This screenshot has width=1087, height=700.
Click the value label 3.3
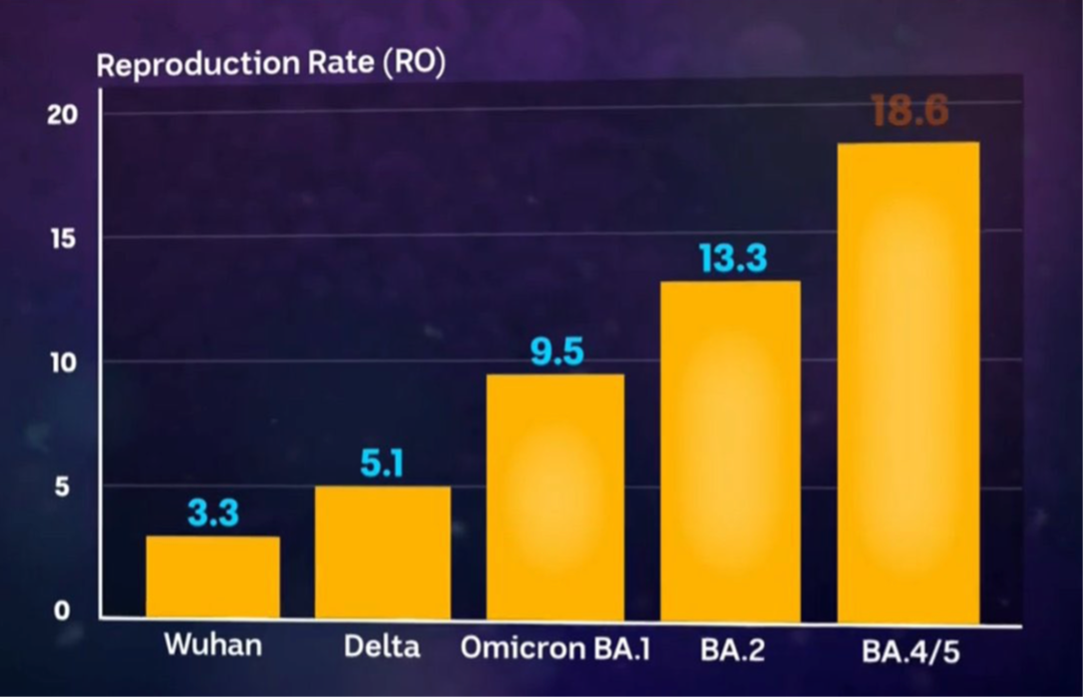point(212,514)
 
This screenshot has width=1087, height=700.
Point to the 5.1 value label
point(382,464)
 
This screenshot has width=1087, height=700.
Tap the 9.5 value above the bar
point(556,352)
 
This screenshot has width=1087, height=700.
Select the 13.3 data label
point(732,259)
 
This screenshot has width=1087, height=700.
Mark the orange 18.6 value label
point(908,112)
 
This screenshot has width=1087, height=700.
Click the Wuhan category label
point(212,644)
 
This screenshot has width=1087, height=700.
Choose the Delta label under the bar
point(382,646)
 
